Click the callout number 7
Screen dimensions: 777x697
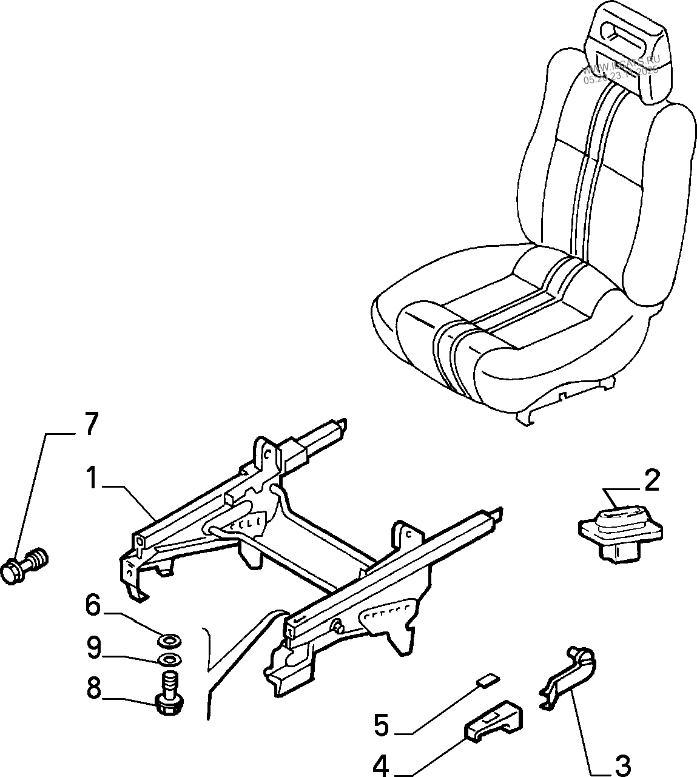89,424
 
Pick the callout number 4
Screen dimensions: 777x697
381,725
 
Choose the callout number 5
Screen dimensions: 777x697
92,605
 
